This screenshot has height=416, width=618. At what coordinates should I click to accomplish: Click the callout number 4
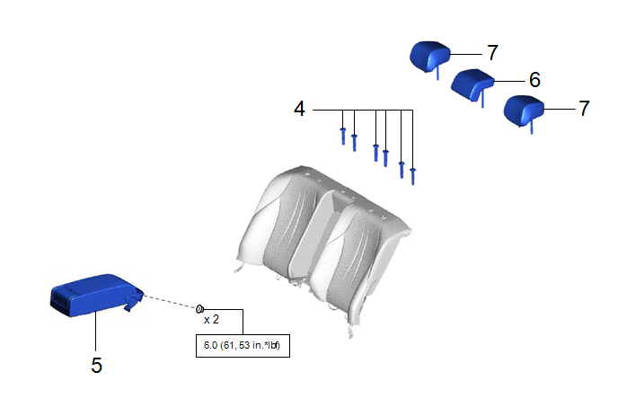(x=299, y=109)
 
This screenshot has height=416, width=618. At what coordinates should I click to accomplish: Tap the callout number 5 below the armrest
(x=97, y=365)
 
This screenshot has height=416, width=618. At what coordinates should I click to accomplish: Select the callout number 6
(x=534, y=80)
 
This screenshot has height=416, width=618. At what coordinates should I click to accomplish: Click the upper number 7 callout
(x=492, y=53)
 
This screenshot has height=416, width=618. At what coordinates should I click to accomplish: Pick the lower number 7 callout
(x=584, y=109)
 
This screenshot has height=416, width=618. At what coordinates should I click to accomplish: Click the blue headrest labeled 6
(x=472, y=84)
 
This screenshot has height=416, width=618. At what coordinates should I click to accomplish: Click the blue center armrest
(x=97, y=295)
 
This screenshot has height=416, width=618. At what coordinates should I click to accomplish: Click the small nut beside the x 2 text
(x=199, y=308)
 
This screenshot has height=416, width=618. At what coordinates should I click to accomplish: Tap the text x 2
(x=211, y=319)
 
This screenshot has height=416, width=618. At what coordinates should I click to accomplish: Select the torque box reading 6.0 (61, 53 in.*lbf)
(x=243, y=346)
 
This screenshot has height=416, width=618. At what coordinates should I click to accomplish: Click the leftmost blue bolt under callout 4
(x=343, y=136)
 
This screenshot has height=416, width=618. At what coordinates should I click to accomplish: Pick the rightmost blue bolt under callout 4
(x=412, y=176)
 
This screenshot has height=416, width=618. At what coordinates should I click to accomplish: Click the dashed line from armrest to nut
(x=171, y=301)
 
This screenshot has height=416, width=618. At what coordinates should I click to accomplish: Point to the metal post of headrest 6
(x=483, y=99)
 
